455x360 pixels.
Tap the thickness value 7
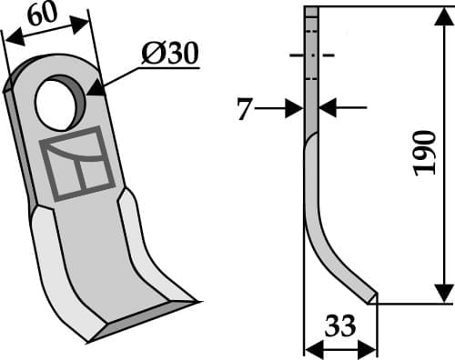coord(242,110)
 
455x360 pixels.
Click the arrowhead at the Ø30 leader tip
coord(94,91)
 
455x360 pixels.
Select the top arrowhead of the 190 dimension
coord(441,16)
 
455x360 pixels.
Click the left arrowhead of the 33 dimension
coord(309,348)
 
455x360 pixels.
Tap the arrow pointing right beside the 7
coord(293,109)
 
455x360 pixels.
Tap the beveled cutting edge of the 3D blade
coord(146,314)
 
